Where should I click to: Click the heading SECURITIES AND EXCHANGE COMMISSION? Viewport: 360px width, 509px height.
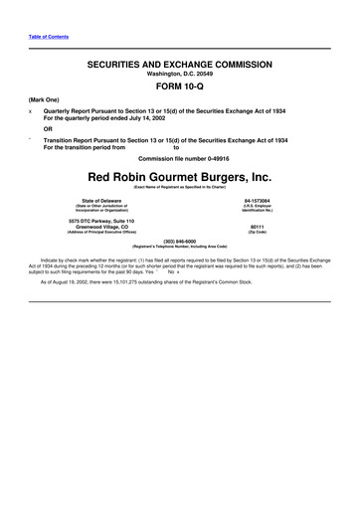coord(180,62)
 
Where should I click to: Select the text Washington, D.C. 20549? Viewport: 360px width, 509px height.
coord(180,73)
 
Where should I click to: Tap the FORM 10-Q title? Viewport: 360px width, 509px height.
coord(180,85)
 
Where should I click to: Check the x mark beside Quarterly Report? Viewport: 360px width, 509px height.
coord(17,111)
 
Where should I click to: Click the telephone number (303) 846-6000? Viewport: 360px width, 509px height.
coord(180,240)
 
